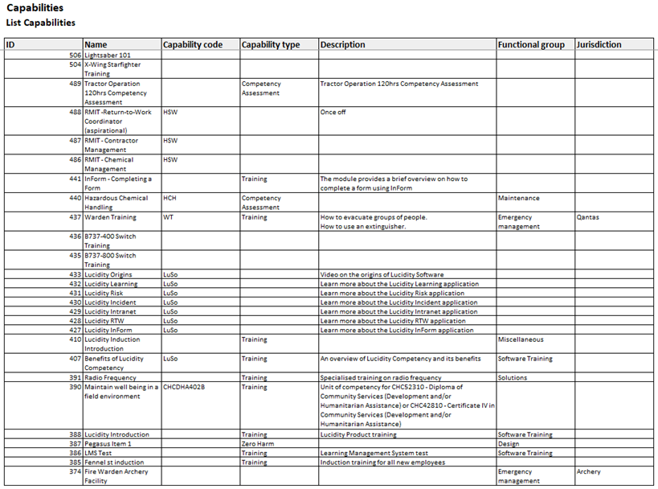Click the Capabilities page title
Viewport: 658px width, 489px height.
35,9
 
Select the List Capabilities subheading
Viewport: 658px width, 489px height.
41,23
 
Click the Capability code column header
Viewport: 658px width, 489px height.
193,45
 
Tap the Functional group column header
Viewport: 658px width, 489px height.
530,45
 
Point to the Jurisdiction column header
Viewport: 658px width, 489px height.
599,45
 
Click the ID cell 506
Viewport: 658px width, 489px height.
75,55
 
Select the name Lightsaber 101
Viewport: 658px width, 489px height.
108,55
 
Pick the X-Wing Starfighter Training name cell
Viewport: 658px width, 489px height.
112,69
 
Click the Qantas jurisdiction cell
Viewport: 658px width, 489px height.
588,217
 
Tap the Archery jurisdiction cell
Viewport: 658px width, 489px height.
590,472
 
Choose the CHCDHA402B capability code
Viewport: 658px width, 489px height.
184,387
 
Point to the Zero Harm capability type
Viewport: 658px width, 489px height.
260,444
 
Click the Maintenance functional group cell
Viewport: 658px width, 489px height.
519,198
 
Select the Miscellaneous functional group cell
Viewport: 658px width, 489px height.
521,339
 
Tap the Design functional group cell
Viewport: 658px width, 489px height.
509,444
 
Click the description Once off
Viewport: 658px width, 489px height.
333,113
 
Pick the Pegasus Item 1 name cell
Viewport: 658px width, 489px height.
108,444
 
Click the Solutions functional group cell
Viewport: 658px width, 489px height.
513,378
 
